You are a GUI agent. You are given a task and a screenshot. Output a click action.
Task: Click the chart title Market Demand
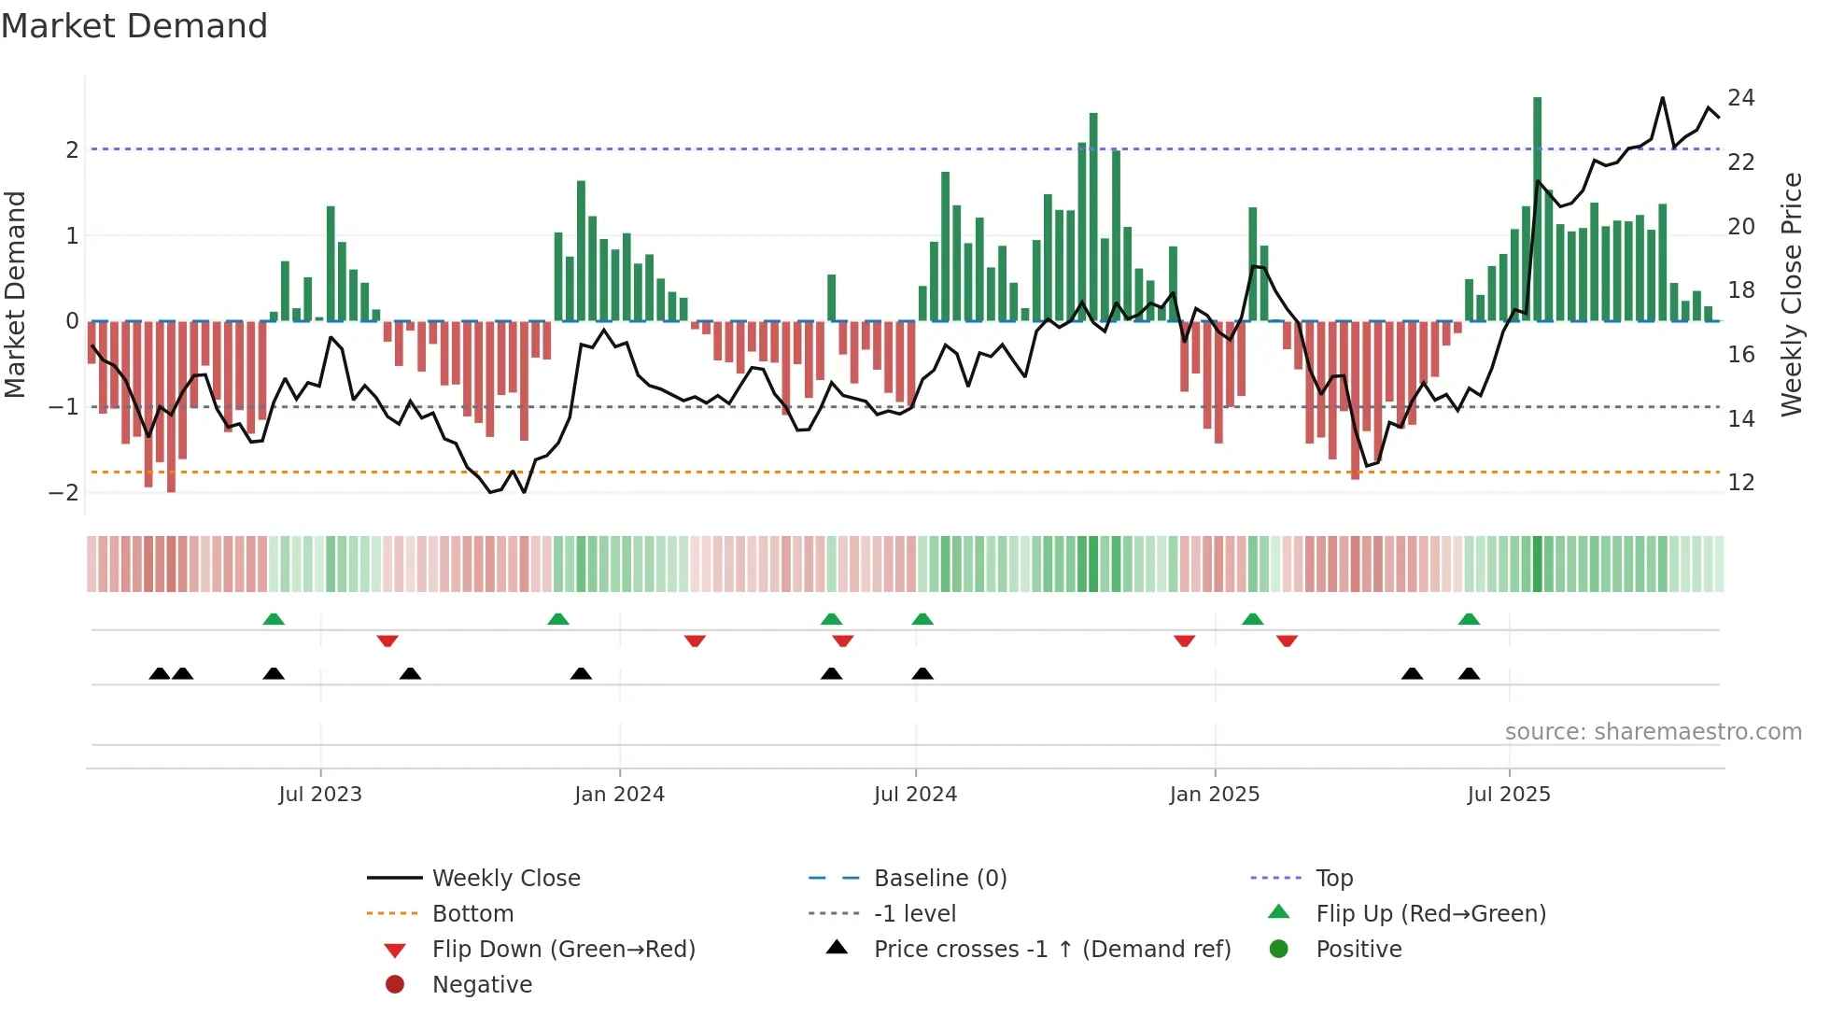pos(134,26)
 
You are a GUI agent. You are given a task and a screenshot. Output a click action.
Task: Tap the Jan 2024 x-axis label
pos(619,795)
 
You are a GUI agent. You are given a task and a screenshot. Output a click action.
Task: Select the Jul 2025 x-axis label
pos(1508,795)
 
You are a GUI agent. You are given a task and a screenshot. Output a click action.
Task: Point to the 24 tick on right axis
pos(1740,98)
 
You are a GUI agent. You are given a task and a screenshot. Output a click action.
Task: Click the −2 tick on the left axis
pos(64,492)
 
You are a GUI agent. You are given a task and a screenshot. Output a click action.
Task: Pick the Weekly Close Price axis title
pos(1791,294)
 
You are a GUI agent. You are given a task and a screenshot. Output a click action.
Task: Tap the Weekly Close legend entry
pos(505,879)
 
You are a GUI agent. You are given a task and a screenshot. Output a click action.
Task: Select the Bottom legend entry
pos(472,914)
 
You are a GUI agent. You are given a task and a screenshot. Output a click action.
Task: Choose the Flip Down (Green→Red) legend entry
pos(563,950)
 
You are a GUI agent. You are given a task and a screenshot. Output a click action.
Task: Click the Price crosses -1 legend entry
pos(1051,950)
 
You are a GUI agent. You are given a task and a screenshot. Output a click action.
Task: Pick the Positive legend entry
pos(1358,950)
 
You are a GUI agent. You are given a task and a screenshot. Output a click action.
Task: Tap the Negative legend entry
pos(482,985)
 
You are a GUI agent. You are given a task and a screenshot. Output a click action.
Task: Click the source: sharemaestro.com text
pos(1653,732)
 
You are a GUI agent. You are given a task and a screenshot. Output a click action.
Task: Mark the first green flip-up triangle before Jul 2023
pos(274,619)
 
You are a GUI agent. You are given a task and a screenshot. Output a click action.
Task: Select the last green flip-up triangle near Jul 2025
pos(1469,619)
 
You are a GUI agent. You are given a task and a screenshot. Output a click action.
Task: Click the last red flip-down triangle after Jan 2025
pos(1287,641)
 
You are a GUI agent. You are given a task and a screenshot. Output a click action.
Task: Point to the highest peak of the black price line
pos(1662,98)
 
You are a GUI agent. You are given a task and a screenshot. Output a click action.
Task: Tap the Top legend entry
pos(1333,879)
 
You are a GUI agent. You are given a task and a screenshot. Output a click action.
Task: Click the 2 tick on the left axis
pos(72,149)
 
